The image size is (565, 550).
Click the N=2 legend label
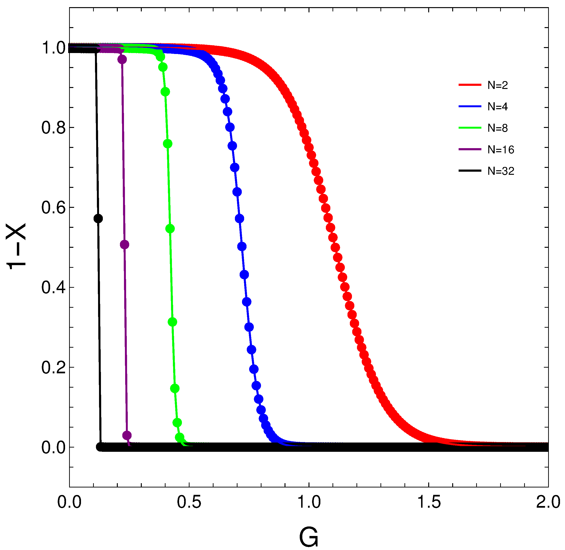click(498, 85)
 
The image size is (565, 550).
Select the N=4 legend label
click(498, 107)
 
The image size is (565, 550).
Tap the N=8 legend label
click(498, 128)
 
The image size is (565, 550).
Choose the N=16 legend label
click(501, 150)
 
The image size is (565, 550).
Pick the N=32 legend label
click(501, 171)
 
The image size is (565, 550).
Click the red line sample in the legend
click(470, 85)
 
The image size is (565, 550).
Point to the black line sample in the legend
click(470, 171)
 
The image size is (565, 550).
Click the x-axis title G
click(309, 537)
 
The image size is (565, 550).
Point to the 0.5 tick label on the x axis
click(189, 502)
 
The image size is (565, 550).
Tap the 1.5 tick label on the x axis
click(429, 502)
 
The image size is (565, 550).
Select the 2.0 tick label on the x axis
click(548, 502)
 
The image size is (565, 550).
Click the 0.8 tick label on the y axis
click(53, 127)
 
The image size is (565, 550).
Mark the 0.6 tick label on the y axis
click(53, 207)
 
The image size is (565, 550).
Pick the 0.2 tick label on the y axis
click(53, 367)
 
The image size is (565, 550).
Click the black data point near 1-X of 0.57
click(98, 219)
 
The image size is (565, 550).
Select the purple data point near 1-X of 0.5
click(124, 245)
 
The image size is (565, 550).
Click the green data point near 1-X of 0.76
click(168, 144)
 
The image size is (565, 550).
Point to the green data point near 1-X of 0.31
click(172, 322)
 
